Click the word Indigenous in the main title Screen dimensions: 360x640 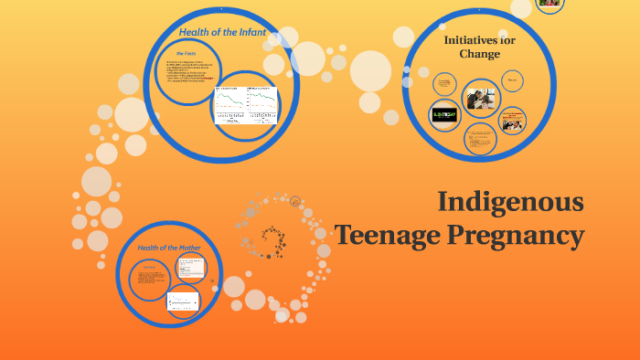(x=510, y=202)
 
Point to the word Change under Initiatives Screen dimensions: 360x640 (x=479, y=54)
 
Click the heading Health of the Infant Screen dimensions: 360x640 (x=222, y=33)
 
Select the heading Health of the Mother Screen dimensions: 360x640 (x=169, y=248)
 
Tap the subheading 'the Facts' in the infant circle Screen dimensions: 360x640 (x=187, y=54)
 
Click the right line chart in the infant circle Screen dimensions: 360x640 (x=261, y=103)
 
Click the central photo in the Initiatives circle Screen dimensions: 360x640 (x=480, y=96)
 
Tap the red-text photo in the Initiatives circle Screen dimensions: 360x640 (x=512, y=120)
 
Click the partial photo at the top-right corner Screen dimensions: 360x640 (x=549, y=4)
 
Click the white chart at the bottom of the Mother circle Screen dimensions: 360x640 (x=183, y=302)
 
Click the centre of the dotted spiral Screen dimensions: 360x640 (x=272, y=239)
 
